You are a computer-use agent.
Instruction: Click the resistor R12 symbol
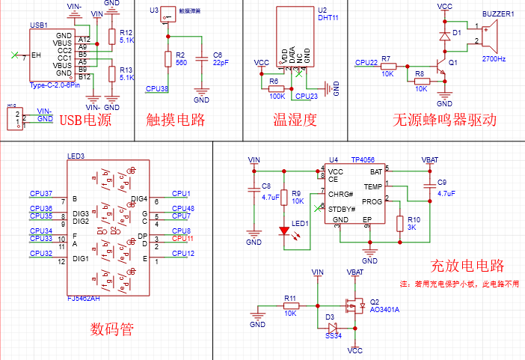(x=111, y=36)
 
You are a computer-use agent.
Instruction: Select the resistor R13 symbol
(x=111, y=73)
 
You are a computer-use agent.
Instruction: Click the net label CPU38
(x=157, y=89)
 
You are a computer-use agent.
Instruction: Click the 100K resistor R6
(x=276, y=89)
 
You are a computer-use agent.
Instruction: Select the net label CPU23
(x=307, y=97)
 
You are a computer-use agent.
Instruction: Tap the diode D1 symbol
(x=444, y=35)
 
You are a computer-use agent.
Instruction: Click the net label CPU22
(x=366, y=62)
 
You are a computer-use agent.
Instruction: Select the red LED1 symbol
(x=283, y=231)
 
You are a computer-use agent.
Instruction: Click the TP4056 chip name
(x=362, y=160)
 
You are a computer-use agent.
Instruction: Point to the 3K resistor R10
(x=400, y=223)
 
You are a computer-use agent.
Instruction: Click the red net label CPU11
(x=183, y=239)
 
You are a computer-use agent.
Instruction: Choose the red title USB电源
(x=85, y=120)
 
